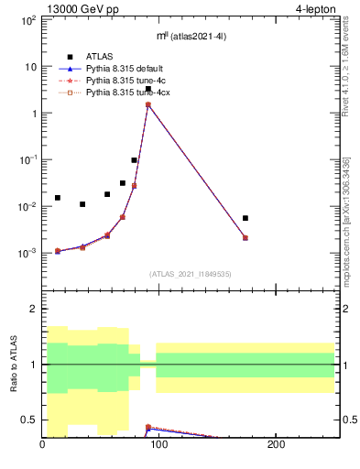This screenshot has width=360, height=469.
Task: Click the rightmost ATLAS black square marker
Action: (245, 218)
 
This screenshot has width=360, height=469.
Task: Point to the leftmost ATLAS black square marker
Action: (57, 198)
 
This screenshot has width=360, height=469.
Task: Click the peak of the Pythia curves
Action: (147, 104)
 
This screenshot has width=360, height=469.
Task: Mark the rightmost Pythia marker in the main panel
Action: (245, 238)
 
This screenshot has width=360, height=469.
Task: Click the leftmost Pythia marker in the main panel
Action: (57, 251)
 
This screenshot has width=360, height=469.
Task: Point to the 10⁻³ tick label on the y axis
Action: (27, 253)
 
